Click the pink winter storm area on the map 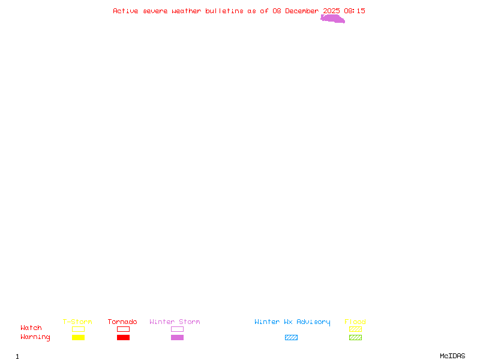click(333, 19)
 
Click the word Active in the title click(125, 11)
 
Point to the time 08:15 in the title click(355, 11)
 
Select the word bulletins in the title click(224, 11)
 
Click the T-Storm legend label click(77, 322)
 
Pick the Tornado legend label click(122, 322)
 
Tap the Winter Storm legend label click(175, 322)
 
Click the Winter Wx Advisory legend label click(292, 322)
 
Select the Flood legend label click(355, 322)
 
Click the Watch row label click(31, 328)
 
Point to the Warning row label click(35, 337)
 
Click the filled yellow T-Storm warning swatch click(78, 338)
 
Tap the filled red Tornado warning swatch click(123, 338)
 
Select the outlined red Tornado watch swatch click(123, 329)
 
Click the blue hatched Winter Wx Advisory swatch click(291, 338)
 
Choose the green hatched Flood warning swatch click(355, 338)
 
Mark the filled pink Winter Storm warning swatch click(177, 338)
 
